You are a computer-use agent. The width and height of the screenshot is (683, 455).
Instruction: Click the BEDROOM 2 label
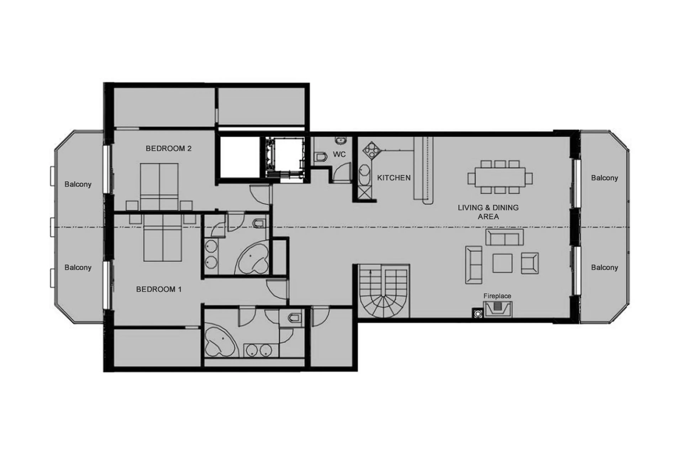tap(168, 149)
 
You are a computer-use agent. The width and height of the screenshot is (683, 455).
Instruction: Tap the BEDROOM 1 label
tap(159, 289)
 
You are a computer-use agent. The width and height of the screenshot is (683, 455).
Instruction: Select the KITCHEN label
tap(394, 178)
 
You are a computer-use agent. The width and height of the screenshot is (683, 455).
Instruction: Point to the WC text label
tap(339, 154)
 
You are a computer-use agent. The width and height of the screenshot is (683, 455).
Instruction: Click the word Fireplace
tap(497, 296)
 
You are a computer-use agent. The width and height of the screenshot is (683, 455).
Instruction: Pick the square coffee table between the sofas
tap(502, 263)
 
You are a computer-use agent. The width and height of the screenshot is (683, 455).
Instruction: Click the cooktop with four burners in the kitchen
tap(371, 150)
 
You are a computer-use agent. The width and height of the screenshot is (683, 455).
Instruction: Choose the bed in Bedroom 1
tap(163, 238)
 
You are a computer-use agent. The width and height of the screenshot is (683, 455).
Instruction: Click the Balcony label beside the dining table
tap(604, 178)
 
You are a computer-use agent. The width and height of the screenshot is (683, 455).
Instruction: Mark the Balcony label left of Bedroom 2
tap(78, 184)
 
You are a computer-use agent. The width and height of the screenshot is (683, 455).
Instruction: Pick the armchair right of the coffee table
tap(530, 263)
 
